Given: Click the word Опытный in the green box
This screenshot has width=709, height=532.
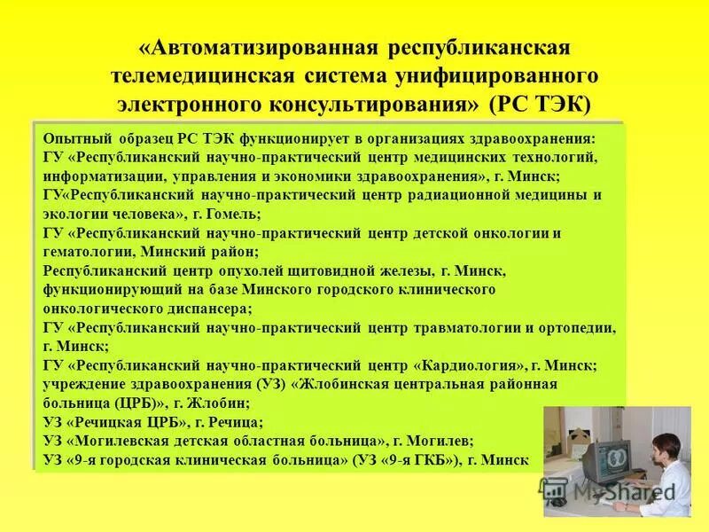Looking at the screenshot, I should coord(74,139).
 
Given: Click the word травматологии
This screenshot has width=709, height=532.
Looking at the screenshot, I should coord(460,327).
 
